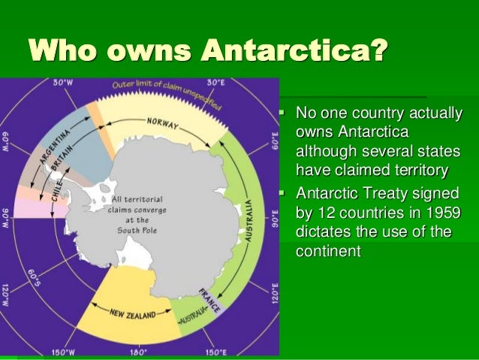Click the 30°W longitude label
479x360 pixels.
pyautogui.click(x=63, y=83)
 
